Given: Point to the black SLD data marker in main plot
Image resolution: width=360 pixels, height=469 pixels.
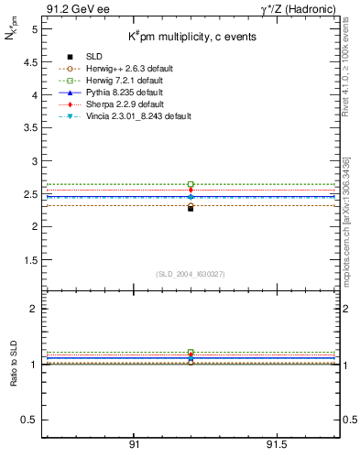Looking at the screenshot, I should click(191, 208).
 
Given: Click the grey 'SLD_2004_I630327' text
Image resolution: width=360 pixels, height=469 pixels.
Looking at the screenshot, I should click(191, 274).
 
